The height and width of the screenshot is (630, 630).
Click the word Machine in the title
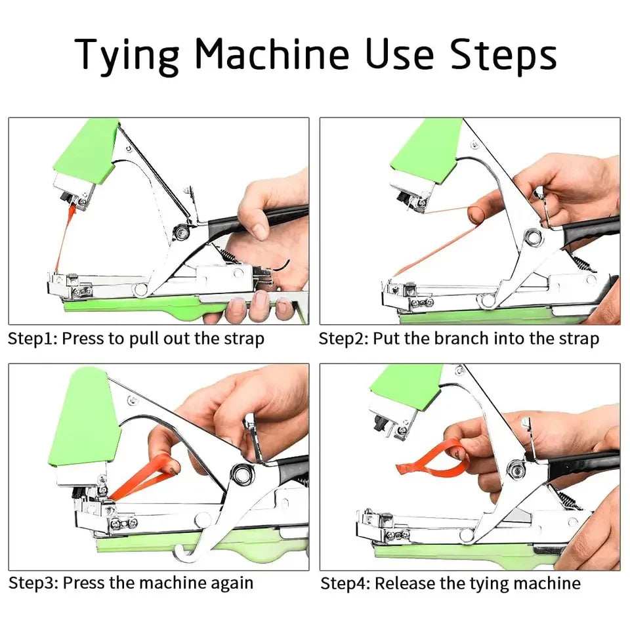[x=272, y=53]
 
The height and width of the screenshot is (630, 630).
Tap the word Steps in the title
[x=503, y=55]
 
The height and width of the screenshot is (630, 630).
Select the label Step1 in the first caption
[x=33, y=339]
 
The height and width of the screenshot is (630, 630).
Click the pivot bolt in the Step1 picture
[x=181, y=232]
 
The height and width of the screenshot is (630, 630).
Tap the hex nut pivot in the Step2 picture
[x=533, y=238]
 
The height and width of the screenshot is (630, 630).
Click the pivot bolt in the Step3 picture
[x=241, y=473]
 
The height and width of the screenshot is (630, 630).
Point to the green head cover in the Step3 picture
[x=85, y=418]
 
